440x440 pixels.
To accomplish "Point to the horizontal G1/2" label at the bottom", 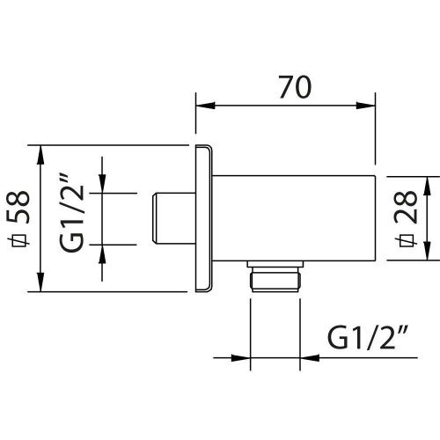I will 367,337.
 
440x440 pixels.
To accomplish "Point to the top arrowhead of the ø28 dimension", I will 426,183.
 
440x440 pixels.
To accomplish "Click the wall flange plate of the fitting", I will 203,218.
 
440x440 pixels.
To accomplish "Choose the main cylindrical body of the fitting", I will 290,217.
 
